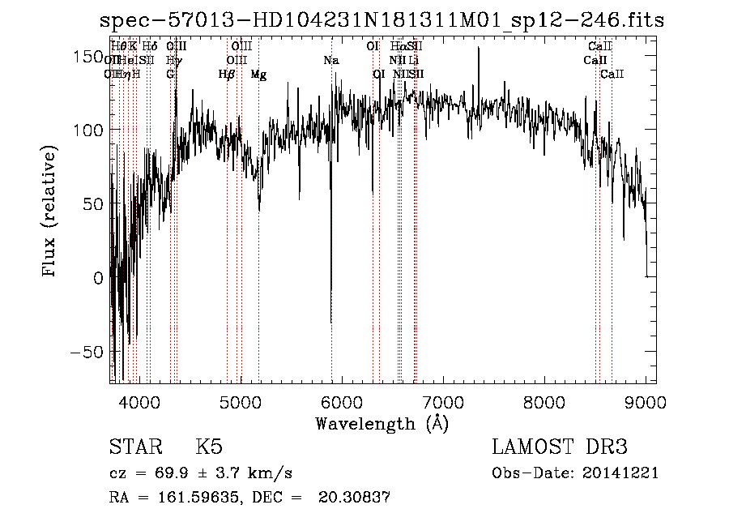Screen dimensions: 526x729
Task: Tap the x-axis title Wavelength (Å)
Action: [382, 423]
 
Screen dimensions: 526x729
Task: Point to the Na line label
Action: [330, 60]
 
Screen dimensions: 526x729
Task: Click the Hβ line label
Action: [227, 74]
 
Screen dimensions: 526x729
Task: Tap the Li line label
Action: [413, 60]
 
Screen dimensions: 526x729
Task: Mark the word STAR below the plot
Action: [135, 447]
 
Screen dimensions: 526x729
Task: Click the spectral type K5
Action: [209, 447]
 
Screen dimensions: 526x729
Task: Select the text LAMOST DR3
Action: [560, 447]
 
